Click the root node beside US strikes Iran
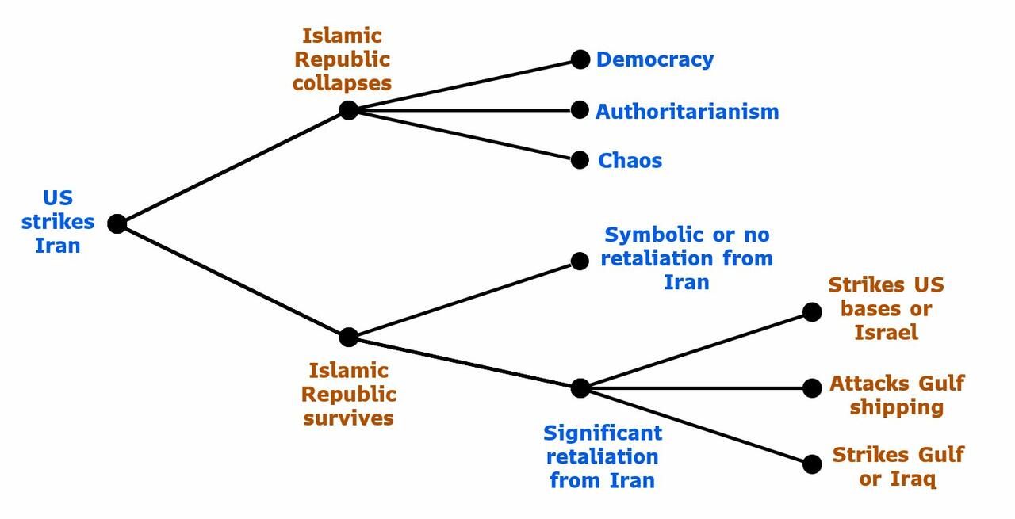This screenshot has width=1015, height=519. pyautogui.click(x=117, y=224)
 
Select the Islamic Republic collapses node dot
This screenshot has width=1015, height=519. pyautogui.click(x=349, y=110)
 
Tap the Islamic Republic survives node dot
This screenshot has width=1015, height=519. pyautogui.click(x=349, y=338)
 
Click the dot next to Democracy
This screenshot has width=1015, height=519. pyautogui.click(x=580, y=59)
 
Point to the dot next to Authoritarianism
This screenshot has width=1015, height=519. pyautogui.click(x=580, y=110)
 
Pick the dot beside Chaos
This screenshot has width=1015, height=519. pyautogui.click(x=580, y=160)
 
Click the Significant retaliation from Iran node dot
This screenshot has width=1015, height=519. pyautogui.click(x=580, y=387)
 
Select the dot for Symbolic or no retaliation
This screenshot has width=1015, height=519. pyautogui.click(x=580, y=261)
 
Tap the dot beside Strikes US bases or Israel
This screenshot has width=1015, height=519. pyautogui.click(x=812, y=312)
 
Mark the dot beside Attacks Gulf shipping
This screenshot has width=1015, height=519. pyautogui.click(x=812, y=387)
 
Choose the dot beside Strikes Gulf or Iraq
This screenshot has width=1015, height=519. pyautogui.click(x=812, y=464)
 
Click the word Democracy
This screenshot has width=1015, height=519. pyautogui.click(x=655, y=59)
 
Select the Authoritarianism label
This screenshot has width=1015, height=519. pyautogui.click(x=687, y=111)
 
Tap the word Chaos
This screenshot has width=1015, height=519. pyautogui.click(x=630, y=160)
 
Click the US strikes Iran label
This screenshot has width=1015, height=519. pyautogui.click(x=58, y=222)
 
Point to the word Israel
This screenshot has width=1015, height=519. pyautogui.click(x=886, y=332)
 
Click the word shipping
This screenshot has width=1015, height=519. pyautogui.click(x=896, y=407)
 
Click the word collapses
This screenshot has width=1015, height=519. pyautogui.click(x=342, y=83)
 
